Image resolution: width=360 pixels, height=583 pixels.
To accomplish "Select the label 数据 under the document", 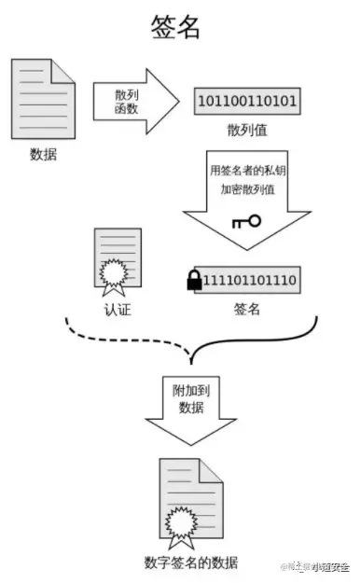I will (x=43, y=154).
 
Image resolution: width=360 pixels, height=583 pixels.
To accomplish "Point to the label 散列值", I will (x=246, y=127).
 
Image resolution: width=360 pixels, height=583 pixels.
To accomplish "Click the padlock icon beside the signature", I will (x=195, y=278).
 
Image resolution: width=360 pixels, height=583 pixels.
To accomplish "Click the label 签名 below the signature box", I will (x=246, y=308).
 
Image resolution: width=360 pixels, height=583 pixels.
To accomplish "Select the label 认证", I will (x=118, y=308).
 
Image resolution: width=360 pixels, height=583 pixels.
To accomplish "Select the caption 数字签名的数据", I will (x=191, y=562).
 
